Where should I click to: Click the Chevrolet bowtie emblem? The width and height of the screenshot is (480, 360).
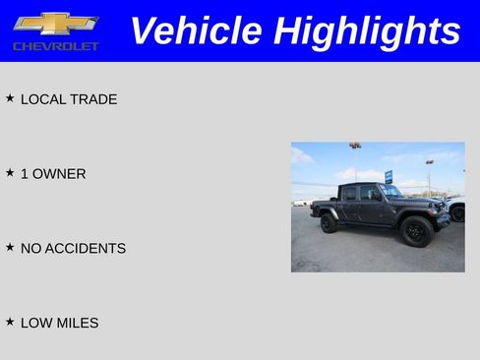pyautogui.click(x=56, y=24)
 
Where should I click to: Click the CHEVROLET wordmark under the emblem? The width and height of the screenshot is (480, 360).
pyautogui.click(x=56, y=46)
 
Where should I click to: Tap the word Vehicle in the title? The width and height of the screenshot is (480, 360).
pyautogui.click(x=197, y=30)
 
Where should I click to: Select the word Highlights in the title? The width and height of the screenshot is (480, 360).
pyautogui.click(x=367, y=30)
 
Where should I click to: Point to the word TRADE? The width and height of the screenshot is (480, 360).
pyautogui.click(x=94, y=99)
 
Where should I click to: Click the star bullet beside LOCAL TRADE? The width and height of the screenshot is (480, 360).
pyautogui.click(x=10, y=98)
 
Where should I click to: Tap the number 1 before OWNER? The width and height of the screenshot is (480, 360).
pyautogui.click(x=25, y=174)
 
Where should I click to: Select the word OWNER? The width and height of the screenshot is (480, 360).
pyautogui.click(x=60, y=174)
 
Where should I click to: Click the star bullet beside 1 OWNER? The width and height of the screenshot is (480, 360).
pyautogui.click(x=10, y=173)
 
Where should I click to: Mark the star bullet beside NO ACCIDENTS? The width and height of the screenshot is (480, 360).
pyautogui.click(x=10, y=248)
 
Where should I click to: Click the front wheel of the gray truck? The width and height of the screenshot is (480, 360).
pyautogui.click(x=415, y=231)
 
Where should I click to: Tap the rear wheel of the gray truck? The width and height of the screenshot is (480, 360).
pyautogui.click(x=329, y=222)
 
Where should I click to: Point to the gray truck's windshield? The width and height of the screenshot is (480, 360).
pyautogui.click(x=391, y=191)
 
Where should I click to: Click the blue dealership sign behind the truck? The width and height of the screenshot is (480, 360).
pyautogui.click(x=389, y=176)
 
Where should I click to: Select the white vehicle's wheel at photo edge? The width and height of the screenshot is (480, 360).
pyautogui.click(x=457, y=213)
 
